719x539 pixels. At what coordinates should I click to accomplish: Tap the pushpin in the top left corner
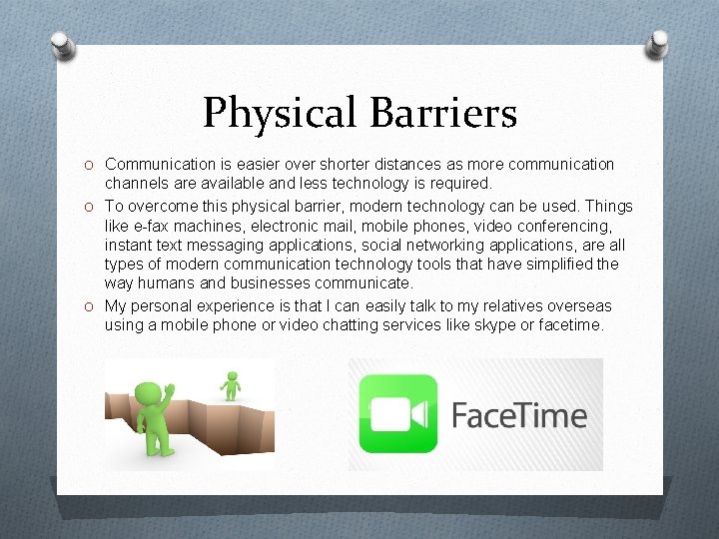[x=62, y=45]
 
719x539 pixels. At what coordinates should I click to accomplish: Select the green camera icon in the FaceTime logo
[x=398, y=413]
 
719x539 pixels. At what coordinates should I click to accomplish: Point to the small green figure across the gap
[x=232, y=384]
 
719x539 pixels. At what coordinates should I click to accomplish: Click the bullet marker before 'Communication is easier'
[x=90, y=164]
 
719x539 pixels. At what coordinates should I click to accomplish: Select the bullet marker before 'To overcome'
[x=90, y=207]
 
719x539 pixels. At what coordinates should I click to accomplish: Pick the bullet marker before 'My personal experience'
[x=90, y=306]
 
